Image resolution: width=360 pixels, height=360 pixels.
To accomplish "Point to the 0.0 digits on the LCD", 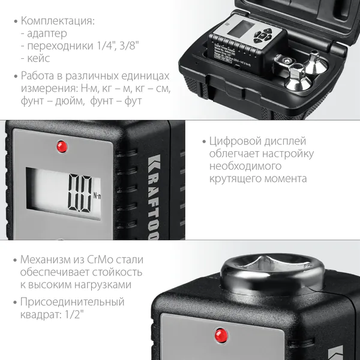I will tap(82, 192).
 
